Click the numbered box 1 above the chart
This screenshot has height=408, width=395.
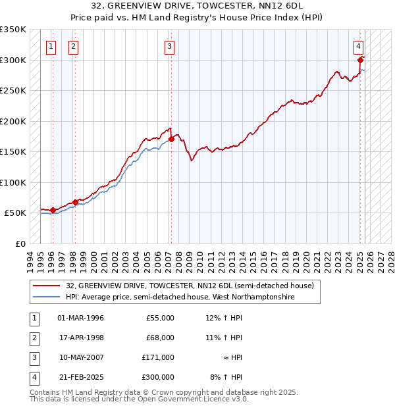point(51,46)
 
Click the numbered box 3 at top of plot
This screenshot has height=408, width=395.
point(169,46)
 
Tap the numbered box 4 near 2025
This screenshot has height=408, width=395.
point(358,46)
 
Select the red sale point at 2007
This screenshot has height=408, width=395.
point(171,139)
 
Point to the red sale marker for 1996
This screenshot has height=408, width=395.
point(53,210)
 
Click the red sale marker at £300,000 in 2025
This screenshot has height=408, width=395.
point(360,60)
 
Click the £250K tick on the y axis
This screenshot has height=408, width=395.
point(13,91)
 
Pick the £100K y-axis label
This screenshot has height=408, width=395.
point(13,182)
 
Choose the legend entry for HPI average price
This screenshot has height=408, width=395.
point(180,297)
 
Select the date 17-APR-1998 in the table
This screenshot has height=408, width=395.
point(80,338)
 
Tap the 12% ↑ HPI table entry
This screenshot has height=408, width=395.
point(224,318)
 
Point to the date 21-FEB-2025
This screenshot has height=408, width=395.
point(80,377)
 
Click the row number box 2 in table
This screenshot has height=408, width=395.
point(33,338)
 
